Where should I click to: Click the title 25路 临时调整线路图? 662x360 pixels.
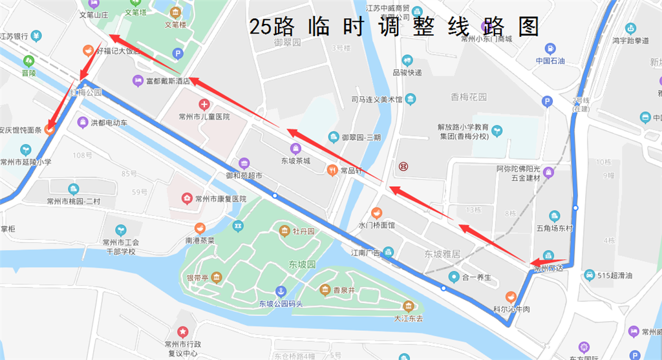pos(394,26)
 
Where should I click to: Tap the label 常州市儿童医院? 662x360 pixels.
pos(204,117)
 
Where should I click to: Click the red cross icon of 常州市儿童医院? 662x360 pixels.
pos(204,104)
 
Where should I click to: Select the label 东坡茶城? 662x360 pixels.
pos(295,160)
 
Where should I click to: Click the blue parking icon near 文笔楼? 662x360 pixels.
pos(178,54)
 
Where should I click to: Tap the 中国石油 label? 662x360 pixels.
pos(550,61)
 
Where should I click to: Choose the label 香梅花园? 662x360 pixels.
pos(469,97)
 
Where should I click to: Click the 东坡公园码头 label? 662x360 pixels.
pos(281,304)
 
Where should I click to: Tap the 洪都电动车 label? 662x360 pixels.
pos(109,122)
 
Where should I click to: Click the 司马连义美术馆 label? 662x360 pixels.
pos(377,100)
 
